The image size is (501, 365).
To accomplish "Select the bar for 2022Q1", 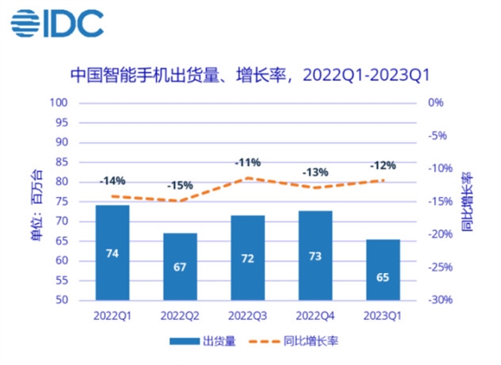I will point(112,252).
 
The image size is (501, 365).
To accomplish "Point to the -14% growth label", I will point(112,180).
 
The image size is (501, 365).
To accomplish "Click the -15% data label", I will point(180,185).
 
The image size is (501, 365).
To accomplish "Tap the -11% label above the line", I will point(247,162).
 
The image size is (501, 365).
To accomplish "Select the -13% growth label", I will point(315,172).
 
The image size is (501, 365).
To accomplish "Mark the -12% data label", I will point(382,165).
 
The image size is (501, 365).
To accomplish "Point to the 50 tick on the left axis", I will point(61,300).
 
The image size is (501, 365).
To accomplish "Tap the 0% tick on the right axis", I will point(435,103).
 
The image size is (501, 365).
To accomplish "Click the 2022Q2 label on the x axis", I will point(180,316).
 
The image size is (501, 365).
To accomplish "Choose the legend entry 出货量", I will point(199,341).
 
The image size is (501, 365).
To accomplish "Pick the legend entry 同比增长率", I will point(293,341).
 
